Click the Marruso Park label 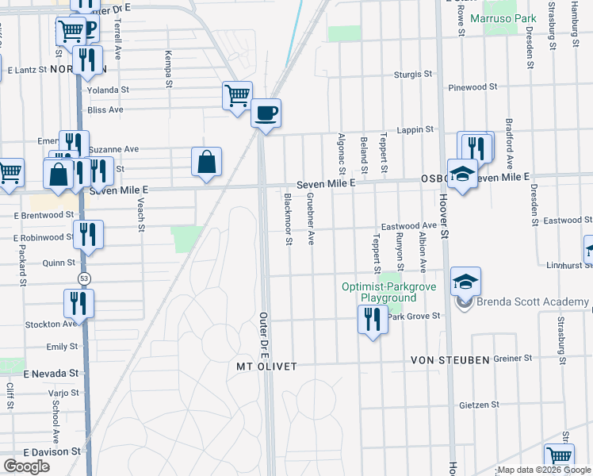coord(503,17)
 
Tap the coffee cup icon coord(266,113)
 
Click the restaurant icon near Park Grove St coord(371,320)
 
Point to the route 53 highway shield coord(83,278)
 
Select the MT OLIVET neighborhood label coord(267,367)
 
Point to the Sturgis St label coord(414,75)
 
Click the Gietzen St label coord(479,405)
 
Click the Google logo coord(26,466)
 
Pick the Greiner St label coord(512,359)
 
